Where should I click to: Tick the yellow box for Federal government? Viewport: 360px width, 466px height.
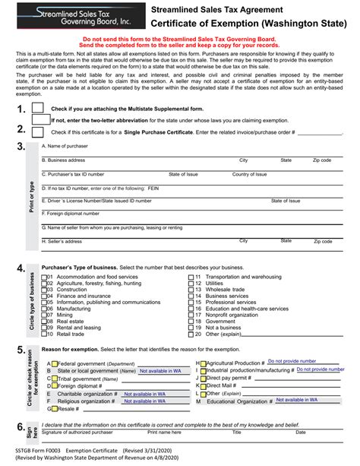tap(55, 363)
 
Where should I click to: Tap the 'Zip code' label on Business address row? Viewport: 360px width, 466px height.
tap(321, 161)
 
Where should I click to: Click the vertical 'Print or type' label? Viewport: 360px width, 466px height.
tap(31, 196)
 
